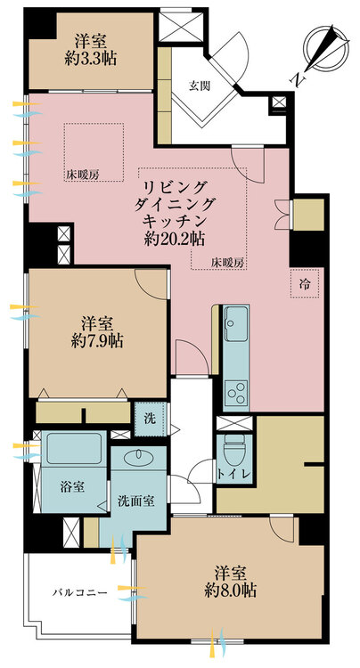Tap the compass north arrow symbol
(x=325, y=50)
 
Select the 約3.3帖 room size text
(x=91, y=59)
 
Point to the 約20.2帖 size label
(x=175, y=239)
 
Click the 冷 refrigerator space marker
(x=304, y=283)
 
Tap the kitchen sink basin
(x=236, y=323)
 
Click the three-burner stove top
(x=236, y=393)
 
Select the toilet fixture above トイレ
(x=234, y=450)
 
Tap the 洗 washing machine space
(x=150, y=419)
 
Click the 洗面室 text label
(x=136, y=501)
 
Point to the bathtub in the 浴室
(x=74, y=448)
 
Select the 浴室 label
(x=72, y=486)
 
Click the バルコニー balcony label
(x=80, y=592)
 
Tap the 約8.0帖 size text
(x=230, y=590)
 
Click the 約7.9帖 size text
(x=97, y=340)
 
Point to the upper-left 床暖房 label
(x=82, y=175)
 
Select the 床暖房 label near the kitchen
(x=228, y=264)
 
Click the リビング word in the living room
(x=175, y=187)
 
